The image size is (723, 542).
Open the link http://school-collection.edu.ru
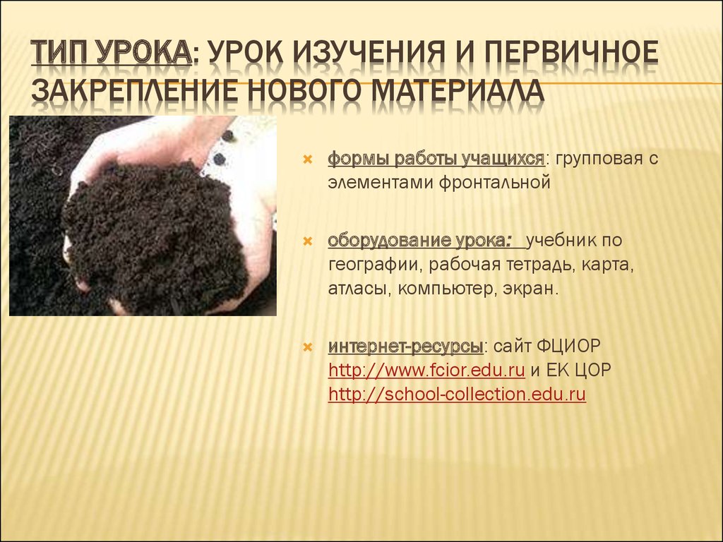(457, 395)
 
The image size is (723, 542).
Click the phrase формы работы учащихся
(436, 159)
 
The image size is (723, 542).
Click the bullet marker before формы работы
(307, 159)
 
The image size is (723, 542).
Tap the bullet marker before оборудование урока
(307, 241)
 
